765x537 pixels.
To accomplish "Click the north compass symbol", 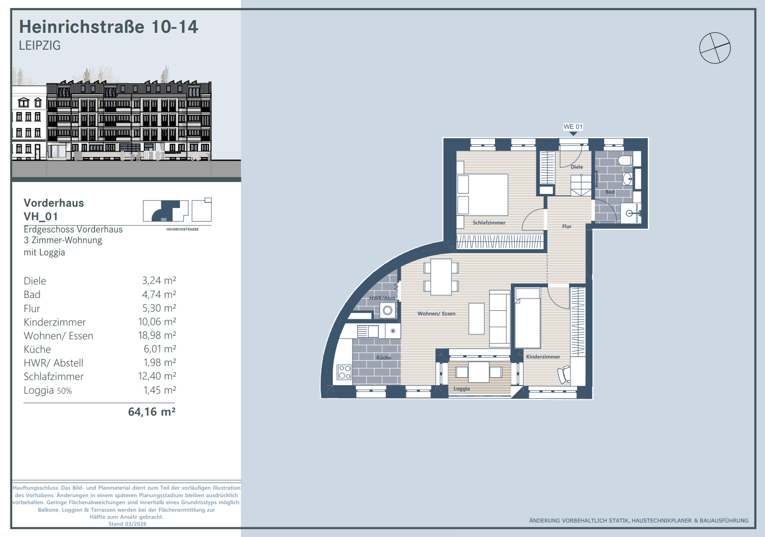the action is click(x=715, y=48).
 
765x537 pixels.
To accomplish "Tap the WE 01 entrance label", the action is click(x=573, y=127).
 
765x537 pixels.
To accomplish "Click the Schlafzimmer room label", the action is click(x=489, y=223).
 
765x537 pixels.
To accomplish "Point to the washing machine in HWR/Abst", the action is click(x=388, y=311).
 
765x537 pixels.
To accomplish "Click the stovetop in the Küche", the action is click(x=344, y=372).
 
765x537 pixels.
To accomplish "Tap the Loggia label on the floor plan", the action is click(x=461, y=388).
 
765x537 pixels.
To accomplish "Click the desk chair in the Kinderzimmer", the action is click(x=564, y=375).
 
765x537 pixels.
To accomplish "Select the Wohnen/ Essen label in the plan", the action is click(x=436, y=313).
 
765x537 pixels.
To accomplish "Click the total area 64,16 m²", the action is click(x=151, y=412).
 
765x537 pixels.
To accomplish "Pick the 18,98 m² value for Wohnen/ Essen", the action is click(x=157, y=335).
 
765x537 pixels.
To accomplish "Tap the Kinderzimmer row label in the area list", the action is click(x=55, y=322).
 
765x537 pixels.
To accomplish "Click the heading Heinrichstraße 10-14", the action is click(x=108, y=27).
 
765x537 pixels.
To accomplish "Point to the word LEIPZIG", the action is click(x=40, y=45).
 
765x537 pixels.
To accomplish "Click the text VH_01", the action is click(x=41, y=216).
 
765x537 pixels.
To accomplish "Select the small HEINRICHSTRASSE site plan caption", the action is click(x=182, y=229).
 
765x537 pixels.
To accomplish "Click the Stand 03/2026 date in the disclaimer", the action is click(x=127, y=524).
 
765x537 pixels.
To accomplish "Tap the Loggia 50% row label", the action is click(x=48, y=390).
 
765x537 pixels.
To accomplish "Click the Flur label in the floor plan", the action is click(x=567, y=226).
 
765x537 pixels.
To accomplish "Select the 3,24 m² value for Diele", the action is click(x=159, y=281).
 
